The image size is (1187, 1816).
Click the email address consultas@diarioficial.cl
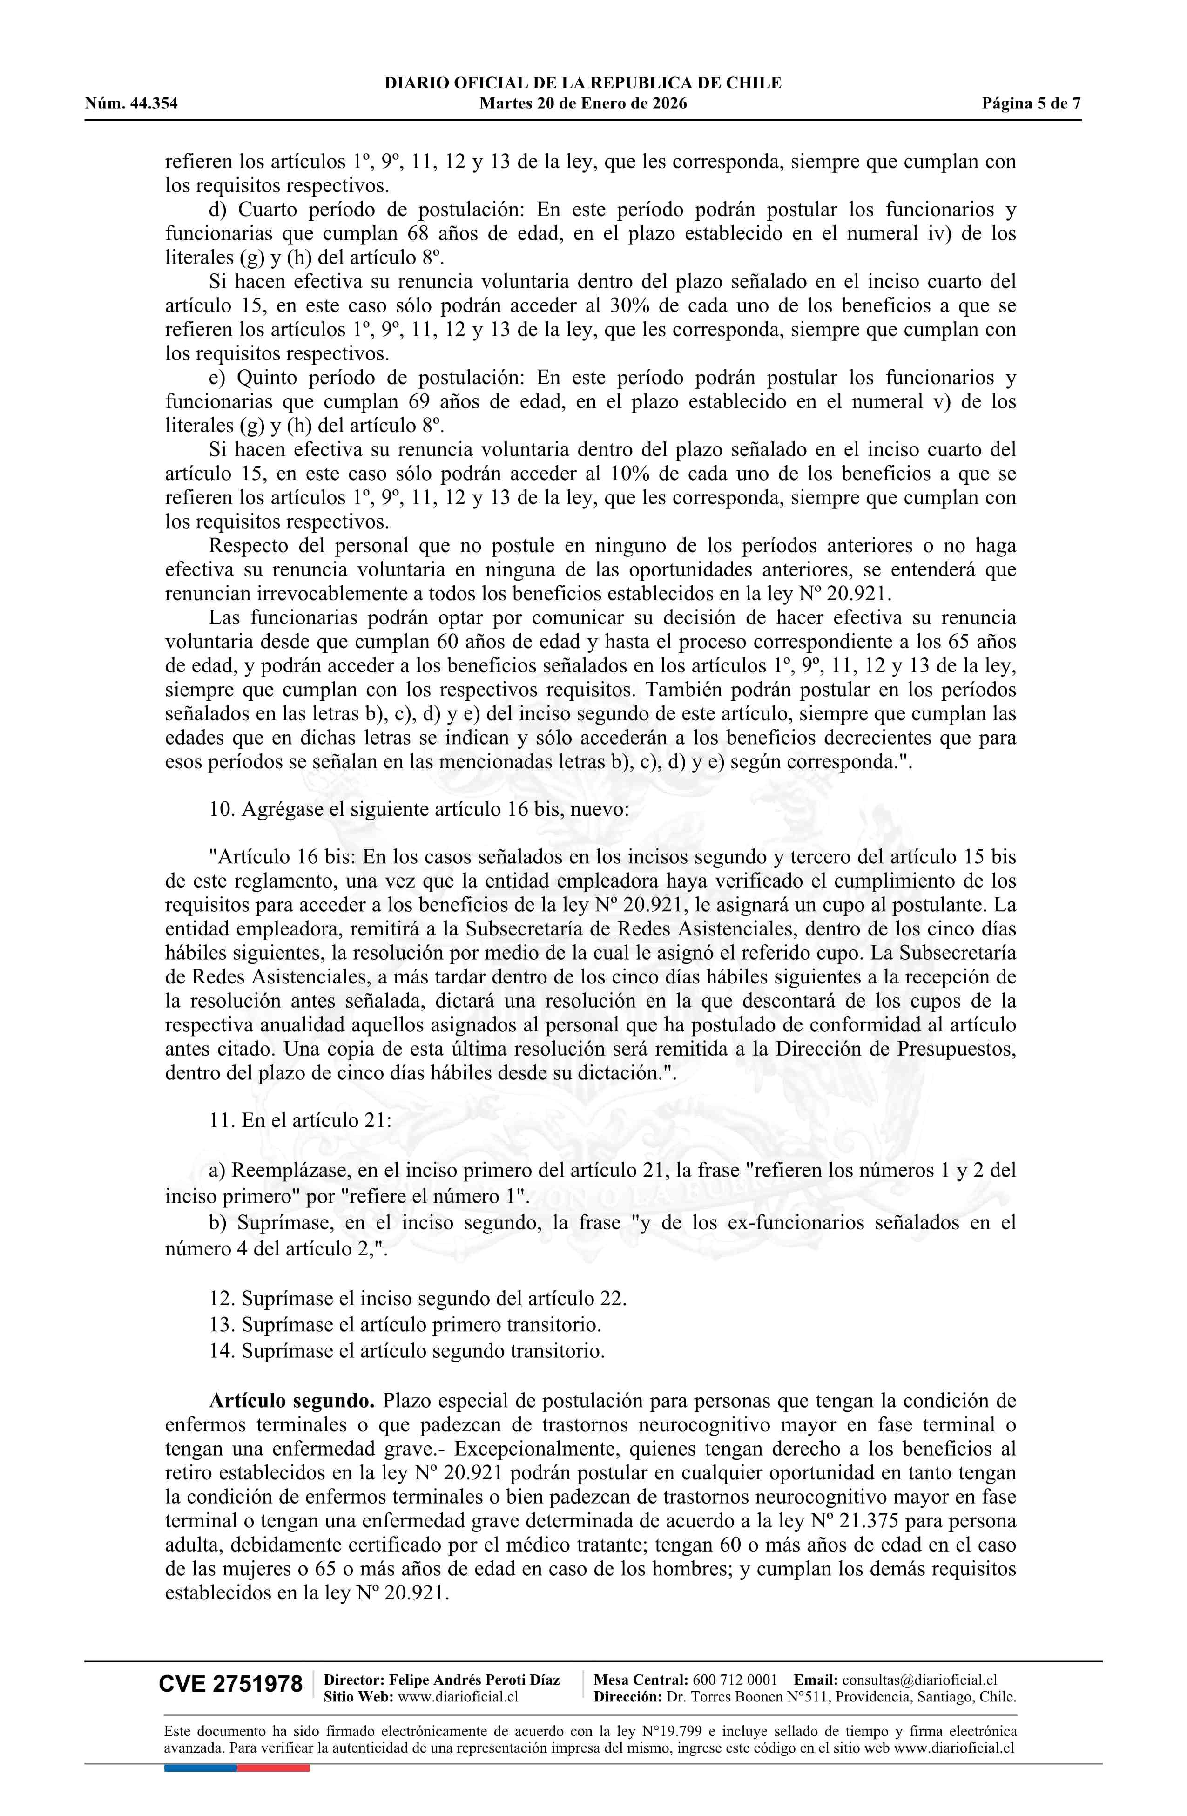click(919, 1680)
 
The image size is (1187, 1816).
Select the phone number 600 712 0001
click(734, 1680)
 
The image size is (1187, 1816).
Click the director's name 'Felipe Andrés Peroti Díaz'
click(474, 1680)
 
